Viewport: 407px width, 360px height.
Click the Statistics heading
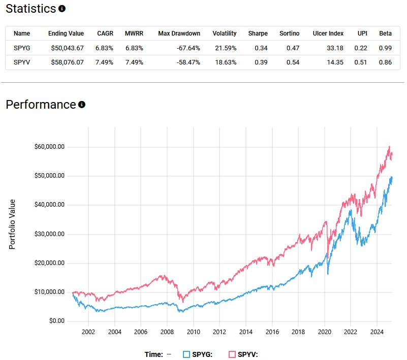pyautogui.click(x=30, y=9)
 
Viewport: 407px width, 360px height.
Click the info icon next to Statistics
pyautogui.click(x=62, y=9)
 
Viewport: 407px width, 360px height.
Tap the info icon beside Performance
pyautogui.click(x=82, y=105)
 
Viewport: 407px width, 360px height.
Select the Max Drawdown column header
pyautogui.click(x=179, y=34)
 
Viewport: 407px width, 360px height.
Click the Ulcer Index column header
pyautogui.click(x=328, y=34)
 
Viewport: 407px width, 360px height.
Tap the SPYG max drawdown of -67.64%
pyautogui.click(x=186, y=48)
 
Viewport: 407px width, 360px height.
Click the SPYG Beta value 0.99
pyautogui.click(x=385, y=48)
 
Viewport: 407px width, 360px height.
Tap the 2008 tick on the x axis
pyautogui.click(x=167, y=332)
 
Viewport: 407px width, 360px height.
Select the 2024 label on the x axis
pyautogui.click(x=377, y=332)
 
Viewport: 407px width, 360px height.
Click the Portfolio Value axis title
pyautogui.click(x=12, y=224)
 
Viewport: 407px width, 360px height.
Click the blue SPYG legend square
pyautogui.click(x=186, y=354)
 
